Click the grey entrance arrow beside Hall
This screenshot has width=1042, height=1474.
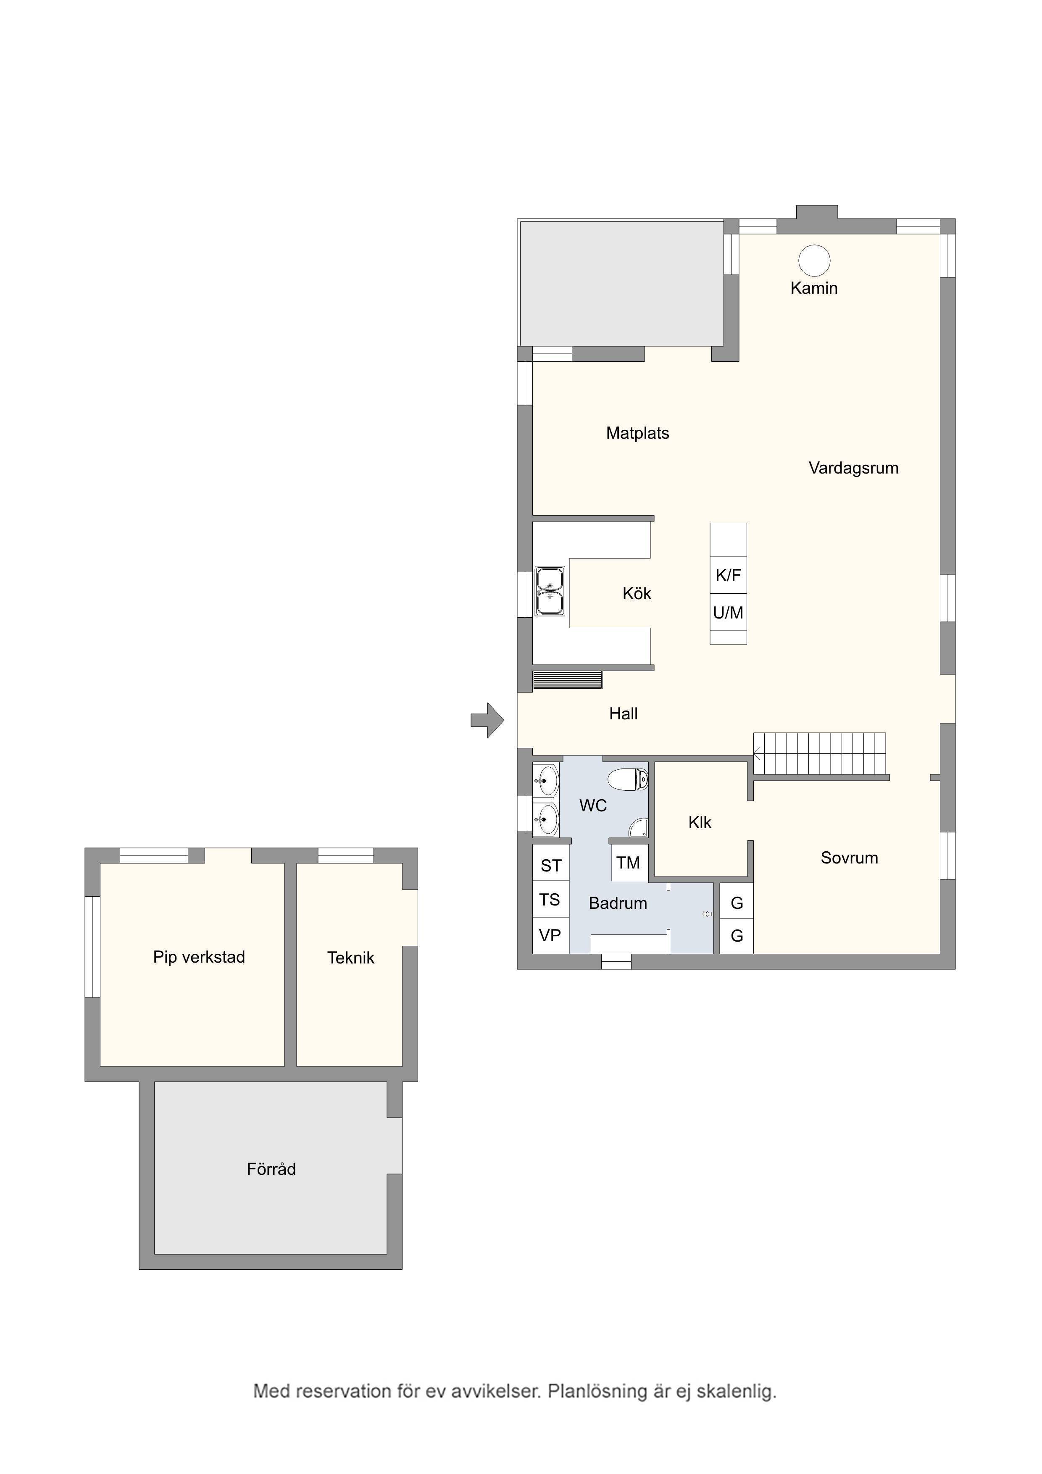pos(487,720)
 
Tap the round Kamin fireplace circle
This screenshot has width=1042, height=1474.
pos(814,261)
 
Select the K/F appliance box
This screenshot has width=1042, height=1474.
pos(728,575)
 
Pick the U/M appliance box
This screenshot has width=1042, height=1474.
pos(728,613)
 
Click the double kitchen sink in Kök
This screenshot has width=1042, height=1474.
pos(550,591)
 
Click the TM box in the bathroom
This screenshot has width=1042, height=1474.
pos(629,863)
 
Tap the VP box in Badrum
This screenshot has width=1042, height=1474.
pos(550,935)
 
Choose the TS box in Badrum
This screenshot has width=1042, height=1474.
pos(550,900)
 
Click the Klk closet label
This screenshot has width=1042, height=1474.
pos(700,822)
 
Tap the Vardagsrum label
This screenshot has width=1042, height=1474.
pos(853,469)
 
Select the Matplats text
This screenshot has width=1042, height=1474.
pos(637,433)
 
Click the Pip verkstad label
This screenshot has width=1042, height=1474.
pos(199,957)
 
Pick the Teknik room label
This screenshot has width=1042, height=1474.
pos(350,958)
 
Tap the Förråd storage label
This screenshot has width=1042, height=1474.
pos(271,1169)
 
